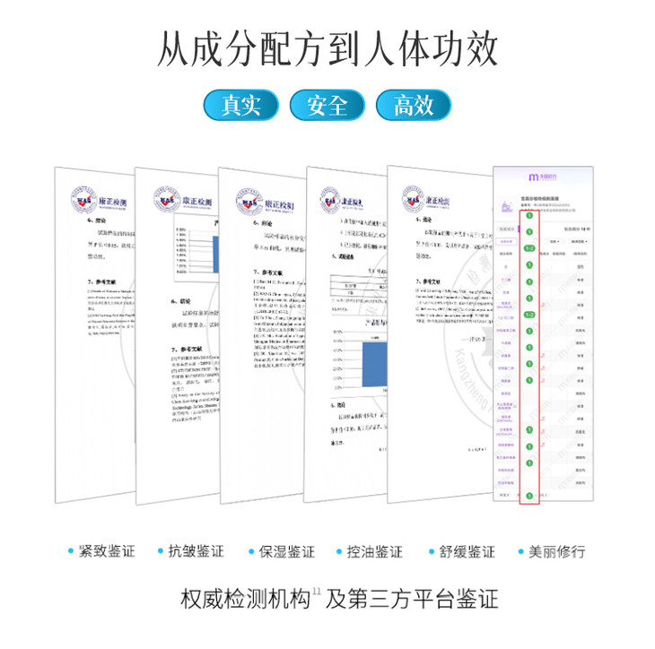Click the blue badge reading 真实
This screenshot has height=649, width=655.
(x=241, y=105)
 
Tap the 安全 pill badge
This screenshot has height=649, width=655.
(x=327, y=105)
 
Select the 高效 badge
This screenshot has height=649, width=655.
(x=413, y=105)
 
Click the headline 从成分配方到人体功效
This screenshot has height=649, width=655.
(x=327, y=49)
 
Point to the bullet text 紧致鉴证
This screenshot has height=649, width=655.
(x=107, y=551)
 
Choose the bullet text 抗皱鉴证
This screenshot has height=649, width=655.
(x=196, y=551)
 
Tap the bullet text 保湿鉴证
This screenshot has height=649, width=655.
(x=286, y=551)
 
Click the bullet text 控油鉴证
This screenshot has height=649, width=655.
(x=375, y=551)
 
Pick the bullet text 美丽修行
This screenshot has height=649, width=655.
(x=556, y=551)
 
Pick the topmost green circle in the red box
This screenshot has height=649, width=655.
(x=529, y=216)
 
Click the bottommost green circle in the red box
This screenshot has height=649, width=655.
(x=529, y=496)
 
